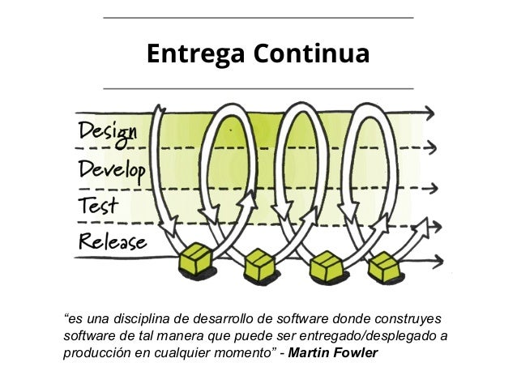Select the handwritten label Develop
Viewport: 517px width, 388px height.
[112, 169]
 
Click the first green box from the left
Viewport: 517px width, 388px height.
[195, 258]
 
